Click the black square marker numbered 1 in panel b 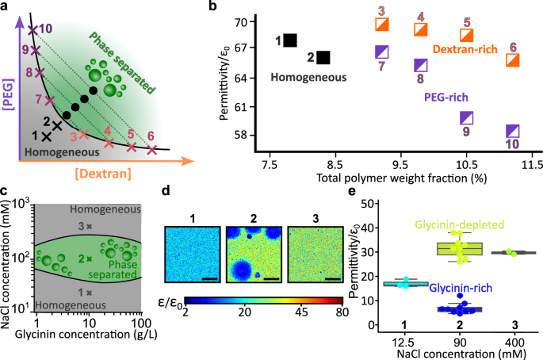pos(290,40)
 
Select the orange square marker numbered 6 pos(513,60)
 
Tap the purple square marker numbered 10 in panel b pos(513,131)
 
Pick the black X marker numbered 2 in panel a pos(56,125)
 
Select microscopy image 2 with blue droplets pos(253,254)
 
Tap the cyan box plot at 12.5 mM pos(405,283)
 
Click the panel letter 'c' pos(5,191)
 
